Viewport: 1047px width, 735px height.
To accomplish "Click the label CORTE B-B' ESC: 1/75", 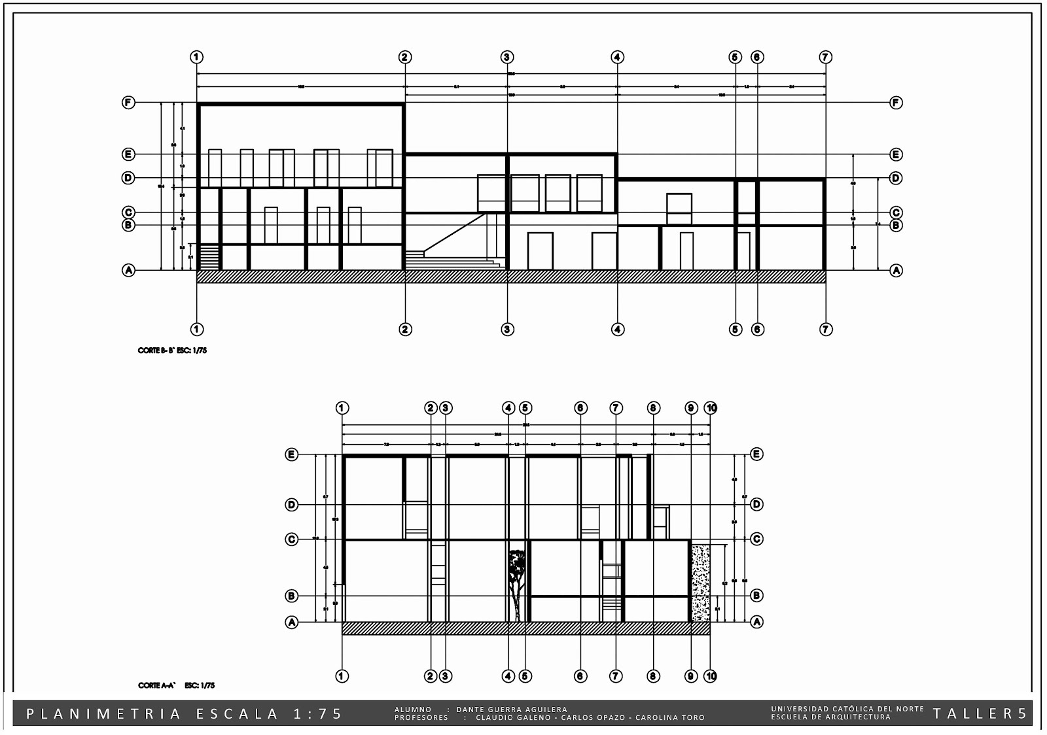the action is (173, 350).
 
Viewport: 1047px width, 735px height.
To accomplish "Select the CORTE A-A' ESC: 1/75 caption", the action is (176, 685).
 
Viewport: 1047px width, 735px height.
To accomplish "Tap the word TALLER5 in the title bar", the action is (980, 713).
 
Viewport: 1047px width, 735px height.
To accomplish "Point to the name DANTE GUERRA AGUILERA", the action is (512, 709).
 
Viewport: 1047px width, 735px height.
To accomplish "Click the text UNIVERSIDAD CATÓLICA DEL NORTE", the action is (847, 709).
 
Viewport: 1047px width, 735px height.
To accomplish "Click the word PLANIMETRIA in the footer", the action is (105, 714).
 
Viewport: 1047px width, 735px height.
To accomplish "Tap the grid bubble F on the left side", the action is (129, 103).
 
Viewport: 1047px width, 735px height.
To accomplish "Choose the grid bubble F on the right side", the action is (896, 103).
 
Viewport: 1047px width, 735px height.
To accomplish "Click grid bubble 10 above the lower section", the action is (711, 408).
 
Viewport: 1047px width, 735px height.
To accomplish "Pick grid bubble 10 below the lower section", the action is (711, 676).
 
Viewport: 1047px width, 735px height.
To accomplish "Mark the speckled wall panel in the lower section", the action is (701, 581).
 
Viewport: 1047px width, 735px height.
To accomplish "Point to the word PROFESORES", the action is (421, 717).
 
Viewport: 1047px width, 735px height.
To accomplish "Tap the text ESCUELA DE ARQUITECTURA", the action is (831, 717).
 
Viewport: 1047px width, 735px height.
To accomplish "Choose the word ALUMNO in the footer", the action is (413, 709).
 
